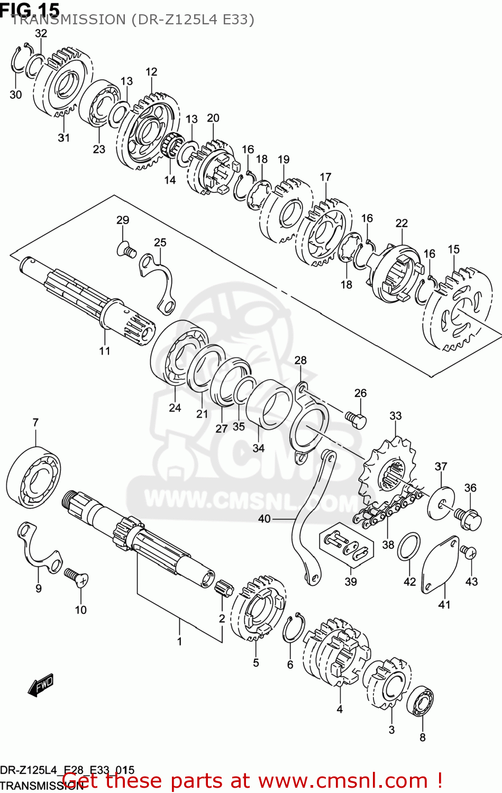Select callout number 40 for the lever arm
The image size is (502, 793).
(264, 519)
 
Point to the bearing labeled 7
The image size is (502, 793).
(33, 476)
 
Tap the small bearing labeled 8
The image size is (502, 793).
(420, 702)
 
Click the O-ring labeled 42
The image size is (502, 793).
(409, 547)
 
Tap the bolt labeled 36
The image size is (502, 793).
(468, 518)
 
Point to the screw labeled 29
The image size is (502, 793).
(126, 248)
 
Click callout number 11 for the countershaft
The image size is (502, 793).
(105, 351)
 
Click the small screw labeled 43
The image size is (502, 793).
(468, 552)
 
